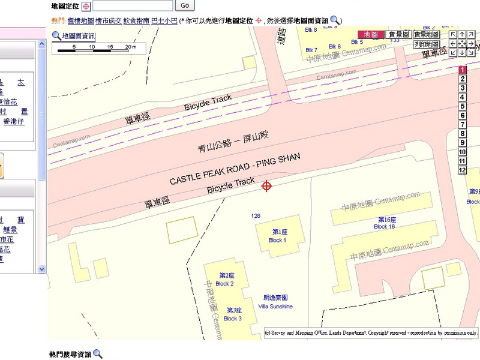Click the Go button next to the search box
pyautogui.click(x=185, y=5)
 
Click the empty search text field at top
pyautogui.click(x=133, y=5)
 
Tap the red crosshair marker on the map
pyautogui.click(x=267, y=186)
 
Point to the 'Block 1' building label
pyautogui.click(x=277, y=236)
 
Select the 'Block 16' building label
pyautogui.click(x=385, y=223)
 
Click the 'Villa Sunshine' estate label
pyautogui.click(x=275, y=302)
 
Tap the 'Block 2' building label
pyautogui.click(x=225, y=280)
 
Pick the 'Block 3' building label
pyautogui.click(x=233, y=314)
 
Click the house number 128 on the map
pyautogui.click(x=256, y=216)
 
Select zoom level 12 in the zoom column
pyautogui.click(x=463, y=170)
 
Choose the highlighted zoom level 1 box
pyautogui.click(x=463, y=70)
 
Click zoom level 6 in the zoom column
pyautogui.click(x=463, y=116)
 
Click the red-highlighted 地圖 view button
pyautogui.click(x=370, y=35)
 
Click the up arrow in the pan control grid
pyautogui.click(x=463, y=35)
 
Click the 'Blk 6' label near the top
pyautogui.click(x=335, y=47)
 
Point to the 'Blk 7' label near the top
pyautogui.click(x=311, y=50)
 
